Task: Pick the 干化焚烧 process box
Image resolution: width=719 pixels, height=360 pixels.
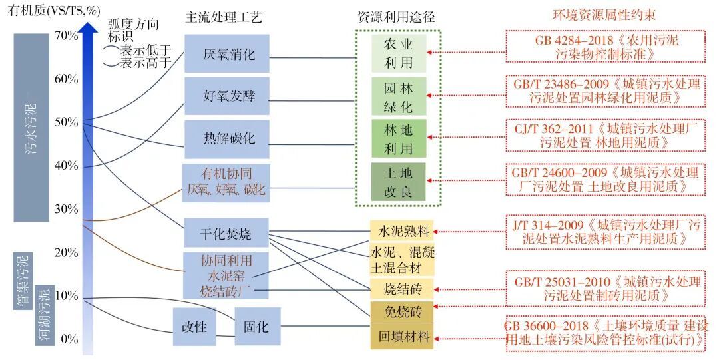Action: click(x=226, y=234)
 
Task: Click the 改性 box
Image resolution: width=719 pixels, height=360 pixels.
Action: click(x=194, y=327)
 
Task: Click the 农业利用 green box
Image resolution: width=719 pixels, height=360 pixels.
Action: click(x=399, y=54)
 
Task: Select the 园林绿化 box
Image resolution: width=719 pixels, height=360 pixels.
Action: click(x=399, y=96)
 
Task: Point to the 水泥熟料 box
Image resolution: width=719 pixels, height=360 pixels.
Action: click(x=402, y=232)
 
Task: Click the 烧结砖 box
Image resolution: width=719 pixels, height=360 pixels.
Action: click(x=402, y=289)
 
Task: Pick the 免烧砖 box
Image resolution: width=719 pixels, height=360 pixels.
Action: click(x=402, y=311)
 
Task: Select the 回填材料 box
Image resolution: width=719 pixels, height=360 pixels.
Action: click(x=402, y=335)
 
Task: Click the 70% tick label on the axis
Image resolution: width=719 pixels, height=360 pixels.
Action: click(x=67, y=35)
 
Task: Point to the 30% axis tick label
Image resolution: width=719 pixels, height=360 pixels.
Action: click(x=67, y=209)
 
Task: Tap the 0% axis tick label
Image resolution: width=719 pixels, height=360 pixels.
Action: click(x=69, y=339)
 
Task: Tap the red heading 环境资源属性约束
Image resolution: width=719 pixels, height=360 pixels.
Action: click(x=606, y=15)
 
